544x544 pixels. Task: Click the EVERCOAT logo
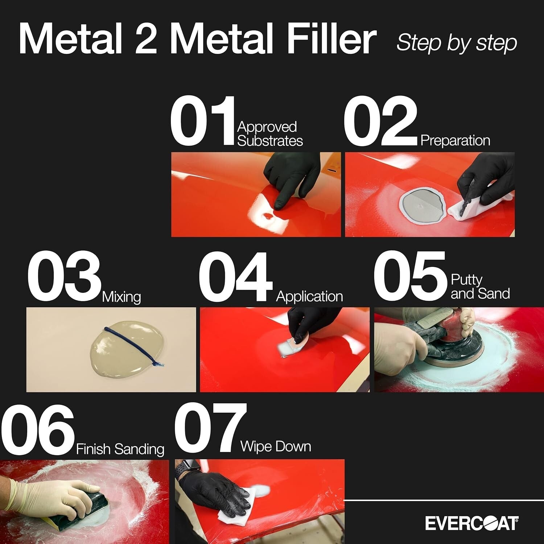[471, 523]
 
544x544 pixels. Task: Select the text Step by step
[457, 43]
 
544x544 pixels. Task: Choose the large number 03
[64, 276]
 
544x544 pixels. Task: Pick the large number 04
[235, 276]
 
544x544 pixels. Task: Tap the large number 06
[38, 429]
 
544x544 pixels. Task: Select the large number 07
[211, 429]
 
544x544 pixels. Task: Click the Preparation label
[455, 140]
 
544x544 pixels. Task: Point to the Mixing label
[121, 297]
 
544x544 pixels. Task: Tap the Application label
[309, 296]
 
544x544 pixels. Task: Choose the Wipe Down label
[276, 446]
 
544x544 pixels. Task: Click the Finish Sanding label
[120, 449]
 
